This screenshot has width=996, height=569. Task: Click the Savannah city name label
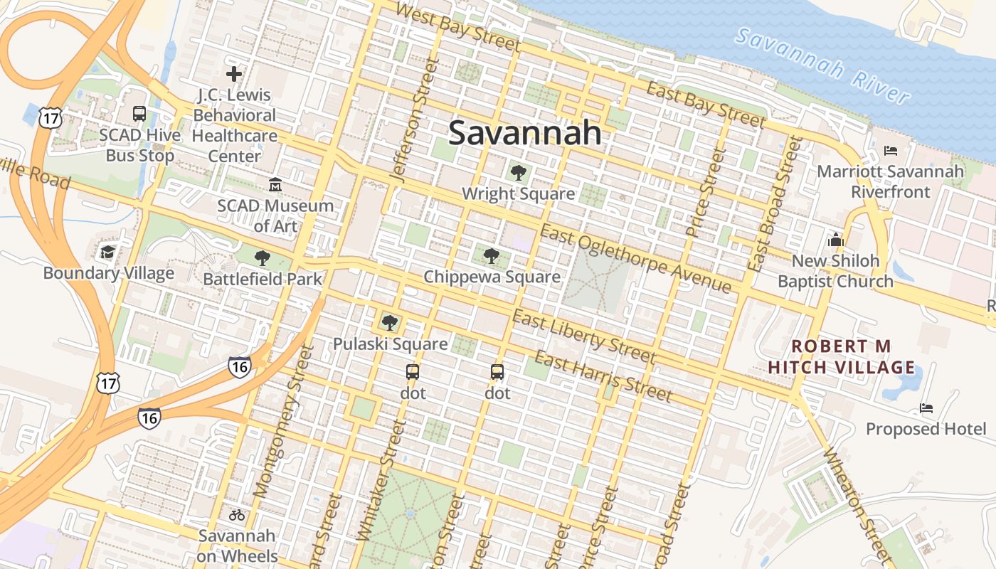click(x=525, y=133)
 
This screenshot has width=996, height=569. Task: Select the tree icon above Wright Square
click(x=518, y=172)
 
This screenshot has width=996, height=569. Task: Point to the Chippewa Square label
click(x=492, y=277)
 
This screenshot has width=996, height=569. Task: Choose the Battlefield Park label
click(x=263, y=279)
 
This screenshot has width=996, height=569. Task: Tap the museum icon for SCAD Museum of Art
click(x=275, y=185)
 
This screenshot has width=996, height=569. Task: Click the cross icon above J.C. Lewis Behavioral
click(x=234, y=73)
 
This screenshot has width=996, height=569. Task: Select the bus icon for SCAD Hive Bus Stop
click(x=139, y=113)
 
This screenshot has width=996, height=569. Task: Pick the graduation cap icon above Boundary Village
click(x=107, y=252)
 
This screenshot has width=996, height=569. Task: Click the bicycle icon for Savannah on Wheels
click(x=237, y=515)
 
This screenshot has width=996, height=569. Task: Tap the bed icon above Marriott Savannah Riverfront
click(x=890, y=151)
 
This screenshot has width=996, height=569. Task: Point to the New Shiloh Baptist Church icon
click(x=835, y=240)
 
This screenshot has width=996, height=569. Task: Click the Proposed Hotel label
click(x=926, y=429)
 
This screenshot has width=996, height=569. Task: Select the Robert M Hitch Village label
click(x=853, y=357)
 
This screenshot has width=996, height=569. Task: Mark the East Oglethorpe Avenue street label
click(x=635, y=258)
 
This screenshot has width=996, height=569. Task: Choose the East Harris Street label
click(x=603, y=376)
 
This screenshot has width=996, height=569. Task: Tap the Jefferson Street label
click(x=410, y=122)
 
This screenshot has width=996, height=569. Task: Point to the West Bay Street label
click(x=457, y=26)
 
